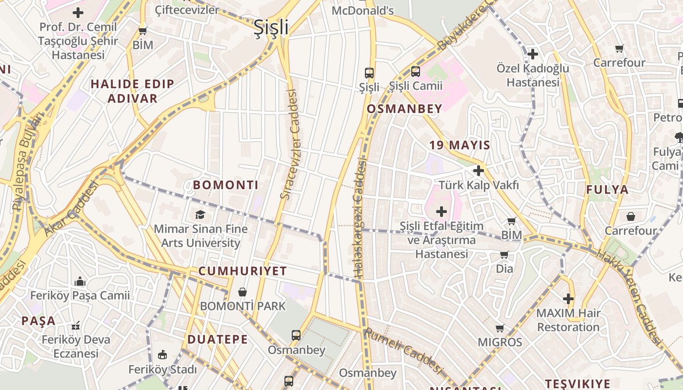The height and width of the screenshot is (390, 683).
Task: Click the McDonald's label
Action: (362, 10)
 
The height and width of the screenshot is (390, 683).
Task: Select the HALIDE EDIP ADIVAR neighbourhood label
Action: (132, 91)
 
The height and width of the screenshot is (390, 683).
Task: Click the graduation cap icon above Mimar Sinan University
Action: (200, 214)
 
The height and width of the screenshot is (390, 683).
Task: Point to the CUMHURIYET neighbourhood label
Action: (242, 272)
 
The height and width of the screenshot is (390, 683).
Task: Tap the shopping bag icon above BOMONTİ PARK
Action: (242, 292)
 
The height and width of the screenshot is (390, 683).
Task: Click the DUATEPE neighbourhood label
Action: (218, 339)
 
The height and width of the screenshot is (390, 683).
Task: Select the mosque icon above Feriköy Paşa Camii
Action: (80, 282)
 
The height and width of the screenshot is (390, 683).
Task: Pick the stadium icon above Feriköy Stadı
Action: (162, 355)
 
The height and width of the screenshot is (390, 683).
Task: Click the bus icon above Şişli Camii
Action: (416, 72)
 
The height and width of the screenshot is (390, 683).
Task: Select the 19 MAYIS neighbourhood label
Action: (460, 145)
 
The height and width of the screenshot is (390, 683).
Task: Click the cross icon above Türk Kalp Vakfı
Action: (479, 171)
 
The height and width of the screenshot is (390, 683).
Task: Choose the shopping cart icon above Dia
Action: (504, 254)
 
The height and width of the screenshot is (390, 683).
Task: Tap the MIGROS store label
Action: (500, 342)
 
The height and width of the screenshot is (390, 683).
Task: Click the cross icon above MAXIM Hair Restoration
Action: (568, 298)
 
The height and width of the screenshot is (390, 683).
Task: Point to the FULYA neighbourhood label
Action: (607, 190)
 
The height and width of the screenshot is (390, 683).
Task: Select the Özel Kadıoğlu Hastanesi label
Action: (533, 75)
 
